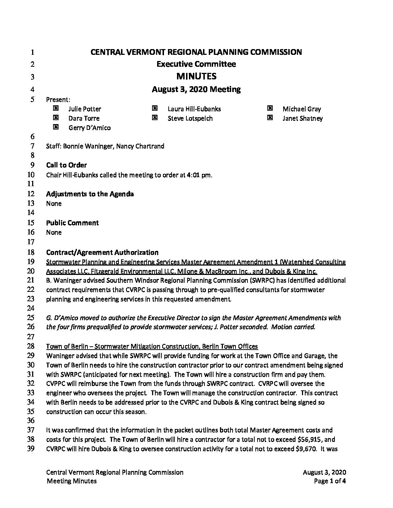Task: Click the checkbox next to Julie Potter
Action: coord(56,108)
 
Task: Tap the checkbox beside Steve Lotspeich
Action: coord(155,118)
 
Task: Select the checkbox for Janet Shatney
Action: coord(270,118)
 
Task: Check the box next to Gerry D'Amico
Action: coord(56,127)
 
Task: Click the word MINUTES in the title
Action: coord(196,76)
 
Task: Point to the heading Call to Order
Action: coord(66,165)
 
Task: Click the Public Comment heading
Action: coord(72,223)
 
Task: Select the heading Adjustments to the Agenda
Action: coord(90,194)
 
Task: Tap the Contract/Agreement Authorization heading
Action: coord(102,252)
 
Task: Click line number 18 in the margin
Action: coord(31,252)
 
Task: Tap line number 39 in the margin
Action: coord(31,449)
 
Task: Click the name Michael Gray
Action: coord(302,109)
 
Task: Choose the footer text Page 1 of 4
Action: coord(330,481)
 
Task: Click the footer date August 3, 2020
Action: coord(324,472)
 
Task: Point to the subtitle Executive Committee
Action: coord(196,64)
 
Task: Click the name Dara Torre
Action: coord(84,118)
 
